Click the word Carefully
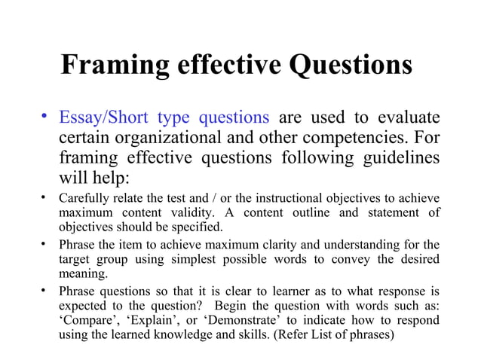pos(84,199)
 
